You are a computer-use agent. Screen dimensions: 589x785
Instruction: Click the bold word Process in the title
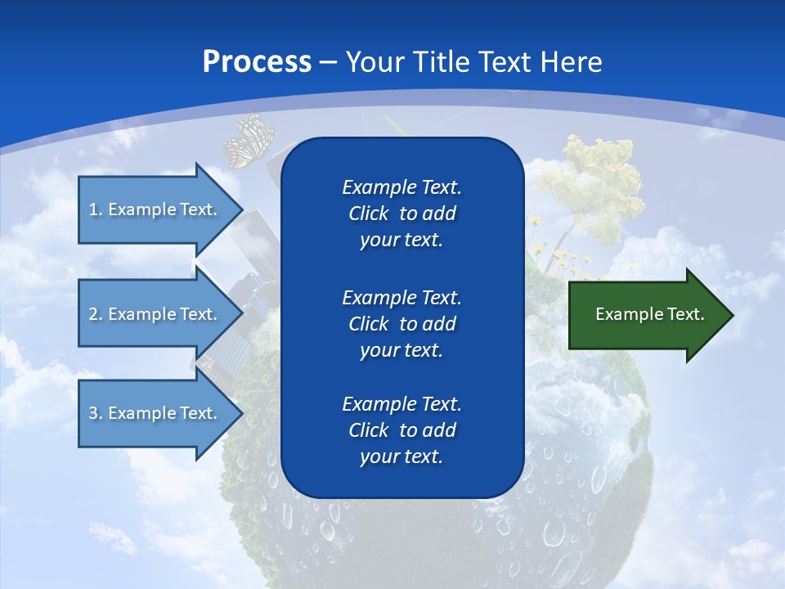257,61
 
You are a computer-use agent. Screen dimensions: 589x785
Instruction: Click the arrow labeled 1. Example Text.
155,209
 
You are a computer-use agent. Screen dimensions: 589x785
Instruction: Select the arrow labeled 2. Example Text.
155,314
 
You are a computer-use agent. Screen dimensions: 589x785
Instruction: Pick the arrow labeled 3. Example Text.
155,413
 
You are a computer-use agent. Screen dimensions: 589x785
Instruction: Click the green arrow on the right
646,315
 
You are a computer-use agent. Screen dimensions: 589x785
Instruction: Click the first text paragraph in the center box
401,214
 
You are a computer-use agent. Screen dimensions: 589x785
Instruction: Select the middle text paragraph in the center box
401,323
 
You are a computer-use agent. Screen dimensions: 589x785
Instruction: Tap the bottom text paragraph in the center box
401,430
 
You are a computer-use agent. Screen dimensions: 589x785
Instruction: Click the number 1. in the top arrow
96,209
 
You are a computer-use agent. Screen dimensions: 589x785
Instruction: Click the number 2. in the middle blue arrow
96,314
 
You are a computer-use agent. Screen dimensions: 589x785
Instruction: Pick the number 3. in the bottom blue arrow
96,413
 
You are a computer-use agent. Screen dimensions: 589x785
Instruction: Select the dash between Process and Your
329,62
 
